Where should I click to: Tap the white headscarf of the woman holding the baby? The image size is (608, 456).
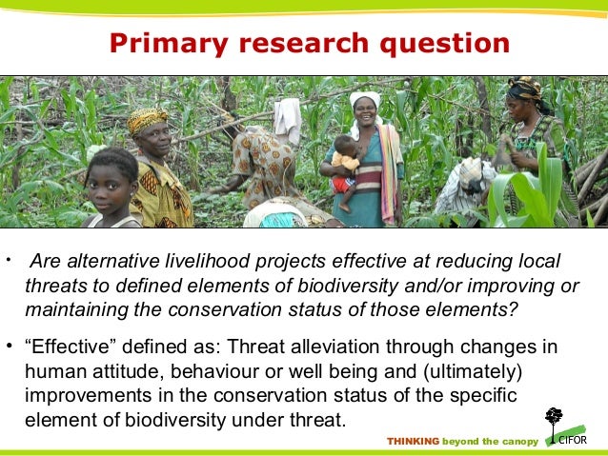[x=364, y=100]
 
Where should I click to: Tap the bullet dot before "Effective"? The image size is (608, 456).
[x=10, y=347]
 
